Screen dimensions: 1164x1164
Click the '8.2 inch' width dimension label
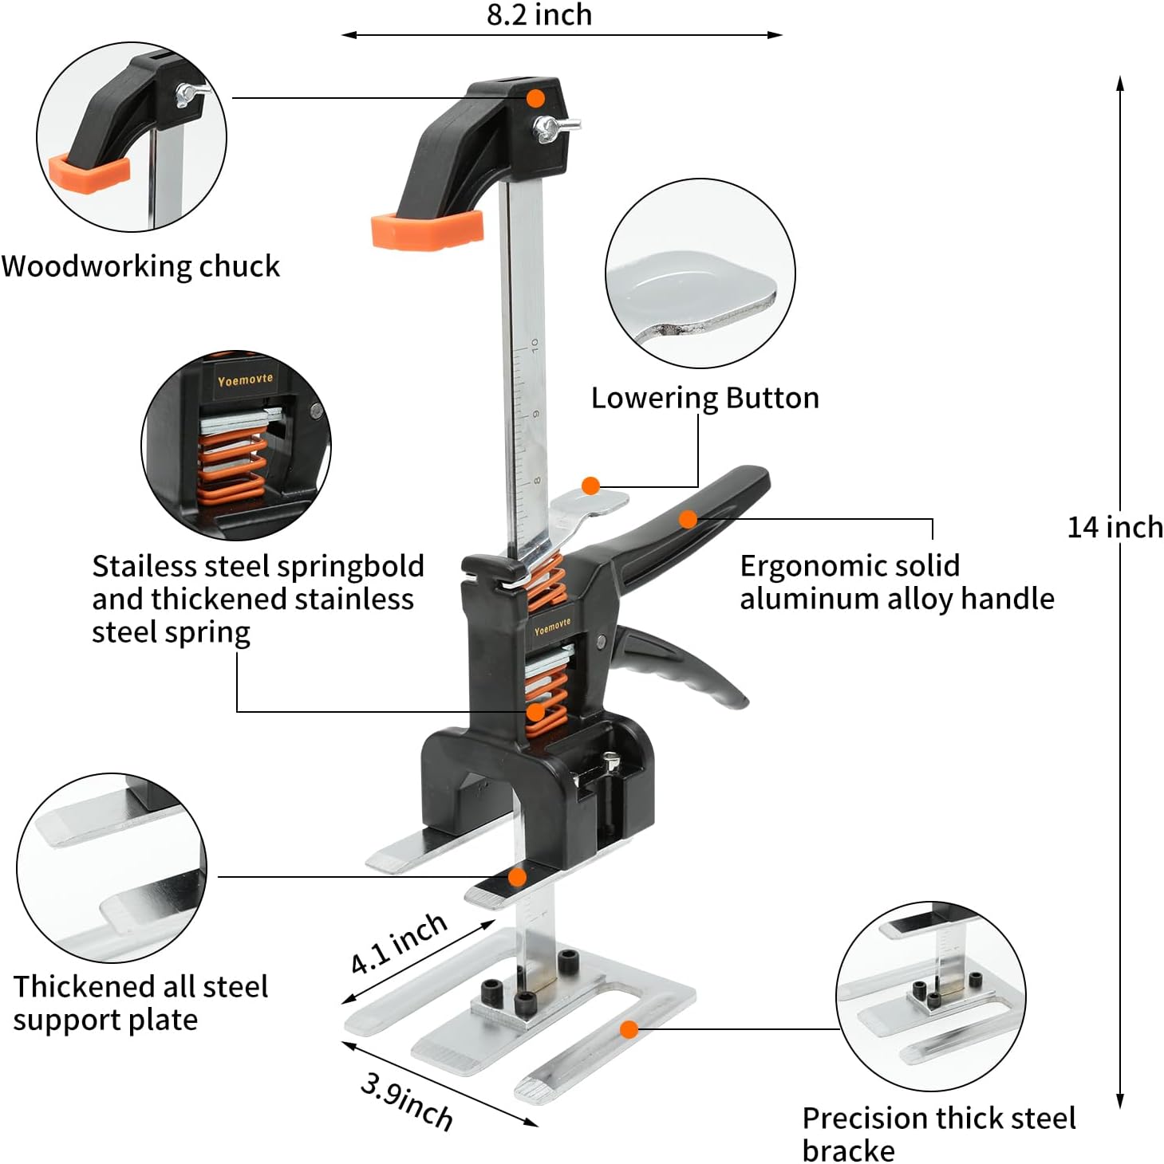coord(539,14)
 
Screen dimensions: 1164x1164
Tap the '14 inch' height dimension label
coord(1115,527)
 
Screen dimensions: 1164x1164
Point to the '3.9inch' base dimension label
coord(407,1101)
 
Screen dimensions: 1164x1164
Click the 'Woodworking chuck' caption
coord(140,265)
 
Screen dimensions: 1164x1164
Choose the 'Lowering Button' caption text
coord(704,397)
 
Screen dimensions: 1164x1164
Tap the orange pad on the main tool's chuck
coord(427,230)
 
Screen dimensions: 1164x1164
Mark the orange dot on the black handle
coord(688,520)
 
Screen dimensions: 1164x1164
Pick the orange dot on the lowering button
coord(590,486)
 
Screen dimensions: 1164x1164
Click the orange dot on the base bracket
coord(629,1029)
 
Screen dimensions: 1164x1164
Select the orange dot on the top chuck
coord(536,98)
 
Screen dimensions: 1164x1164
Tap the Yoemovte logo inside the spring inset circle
coord(245,380)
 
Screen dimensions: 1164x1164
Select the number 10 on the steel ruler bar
coord(535,345)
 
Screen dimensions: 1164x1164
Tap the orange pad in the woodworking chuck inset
coord(89,174)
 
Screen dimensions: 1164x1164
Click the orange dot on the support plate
coord(517,877)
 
